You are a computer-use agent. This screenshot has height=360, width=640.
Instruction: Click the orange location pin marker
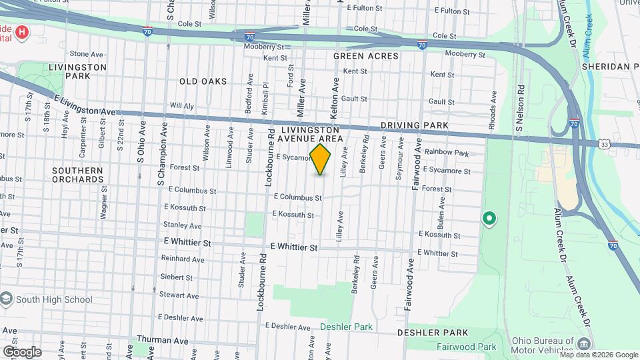[321, 159]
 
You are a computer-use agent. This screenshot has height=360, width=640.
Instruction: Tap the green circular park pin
[489, 218]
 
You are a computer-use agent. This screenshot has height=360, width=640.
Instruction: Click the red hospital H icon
[23, 32]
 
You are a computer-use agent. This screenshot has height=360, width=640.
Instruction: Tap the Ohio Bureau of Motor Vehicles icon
[585, 344]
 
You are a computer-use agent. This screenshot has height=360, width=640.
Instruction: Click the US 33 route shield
[603, 144]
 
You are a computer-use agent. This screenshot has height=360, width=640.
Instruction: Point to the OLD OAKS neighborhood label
[203, 81]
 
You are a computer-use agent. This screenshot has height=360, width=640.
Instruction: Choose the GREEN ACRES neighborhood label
[365, 57]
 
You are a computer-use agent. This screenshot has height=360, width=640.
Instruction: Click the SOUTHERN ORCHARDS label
[77, 175]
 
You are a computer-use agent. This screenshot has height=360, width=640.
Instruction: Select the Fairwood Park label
[467, 347]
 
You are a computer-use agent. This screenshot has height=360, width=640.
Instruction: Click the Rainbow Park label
[447, 153]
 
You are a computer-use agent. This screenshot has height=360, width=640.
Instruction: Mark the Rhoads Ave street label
[494, 105]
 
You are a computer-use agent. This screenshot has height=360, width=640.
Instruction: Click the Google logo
[22, 352]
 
